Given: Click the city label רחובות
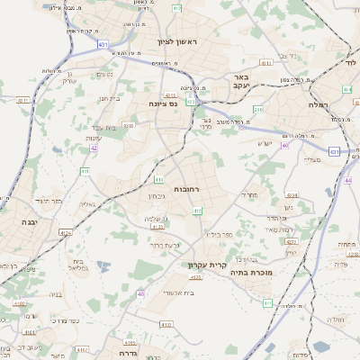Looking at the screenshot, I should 185,177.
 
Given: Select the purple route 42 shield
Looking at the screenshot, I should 94,148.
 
